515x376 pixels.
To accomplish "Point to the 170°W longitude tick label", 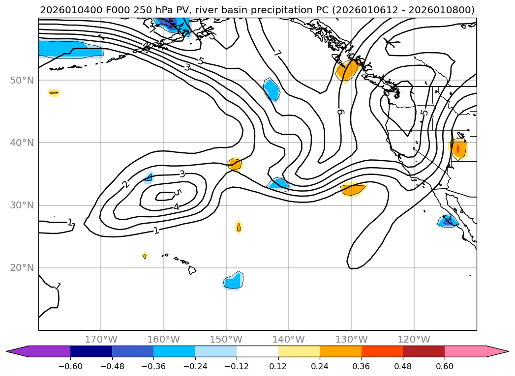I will tap(101, 339).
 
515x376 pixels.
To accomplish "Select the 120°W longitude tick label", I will tap(414, 339).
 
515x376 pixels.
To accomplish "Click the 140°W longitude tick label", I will tap(289, 339).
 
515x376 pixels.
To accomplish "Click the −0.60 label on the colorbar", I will tap(70, 366).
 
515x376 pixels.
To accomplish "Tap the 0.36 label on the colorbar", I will tap(362, 366).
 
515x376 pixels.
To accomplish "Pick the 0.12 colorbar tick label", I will tap(278, 366).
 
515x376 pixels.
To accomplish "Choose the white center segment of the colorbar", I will tap(257, 351).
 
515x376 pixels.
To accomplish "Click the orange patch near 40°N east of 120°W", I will tap(458, 148).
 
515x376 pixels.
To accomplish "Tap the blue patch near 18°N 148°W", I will tap(233, 281).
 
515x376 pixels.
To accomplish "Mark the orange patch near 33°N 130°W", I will tap(353, 189).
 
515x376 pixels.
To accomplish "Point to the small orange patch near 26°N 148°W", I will tap(239, 227).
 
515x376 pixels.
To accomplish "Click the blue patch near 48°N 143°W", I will tap(271, 89).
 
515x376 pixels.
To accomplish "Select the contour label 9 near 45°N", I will tap(340, 112).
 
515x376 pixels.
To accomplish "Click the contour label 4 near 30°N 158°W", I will tap(176, 207).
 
